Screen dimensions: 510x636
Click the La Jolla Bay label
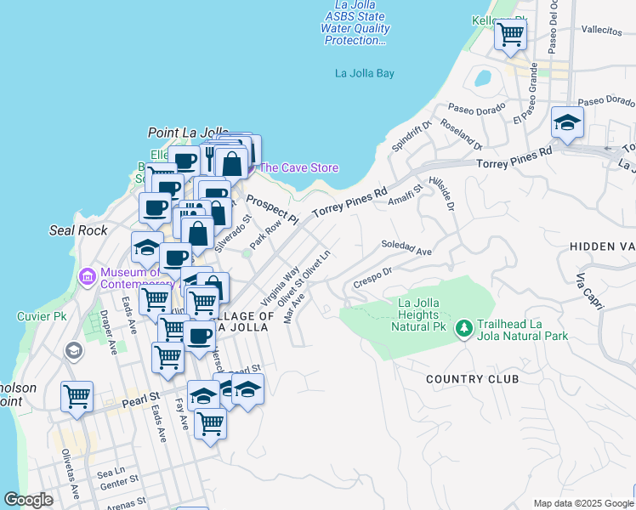click(x=365, y=74)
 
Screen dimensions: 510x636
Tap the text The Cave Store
click(x=299, y=167)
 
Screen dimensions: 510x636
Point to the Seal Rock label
click(x=78, y=230)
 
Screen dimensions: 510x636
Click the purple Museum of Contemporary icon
click(x=86, y=276)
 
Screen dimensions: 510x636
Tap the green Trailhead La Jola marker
click(x=463, y=327)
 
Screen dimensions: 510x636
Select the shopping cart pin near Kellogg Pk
click(x=510, y=35)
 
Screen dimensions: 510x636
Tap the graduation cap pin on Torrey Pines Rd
click(x=567, y=123)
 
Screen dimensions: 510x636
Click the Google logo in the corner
click(x=29, y=500)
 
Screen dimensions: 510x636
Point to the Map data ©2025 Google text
click(x=582, y=503)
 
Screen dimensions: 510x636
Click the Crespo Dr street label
click(x=372, y=277)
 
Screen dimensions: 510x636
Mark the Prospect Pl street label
click(x=272, y=209)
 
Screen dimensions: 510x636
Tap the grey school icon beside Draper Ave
click(x=74, y=349)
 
